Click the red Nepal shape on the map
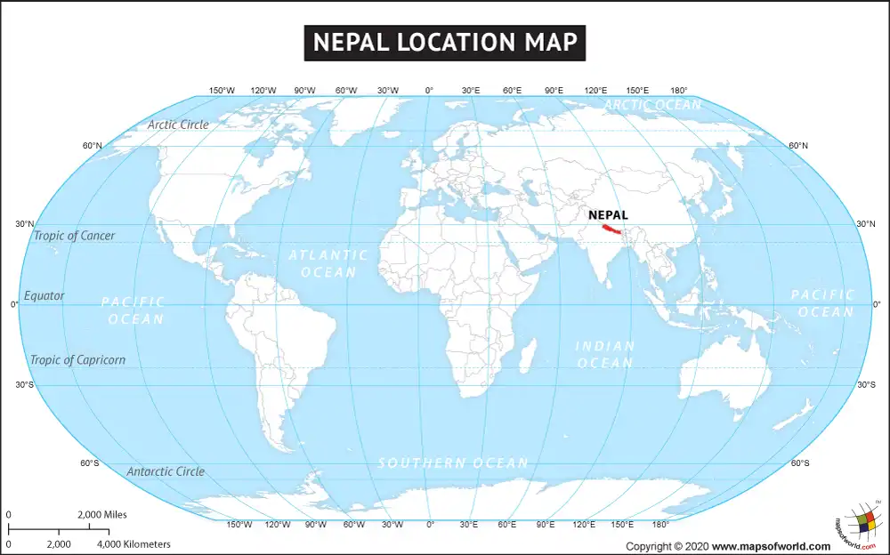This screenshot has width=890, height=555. pos(611,229)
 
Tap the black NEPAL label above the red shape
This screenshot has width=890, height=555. pos(608,214)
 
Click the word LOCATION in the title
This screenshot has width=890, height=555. pos(445,42)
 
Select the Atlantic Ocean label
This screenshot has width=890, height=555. pos(328,263)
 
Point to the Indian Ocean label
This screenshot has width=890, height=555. pos(605,354)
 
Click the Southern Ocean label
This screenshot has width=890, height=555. pos(453,462)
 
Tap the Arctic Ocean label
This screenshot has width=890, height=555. pos(652,105)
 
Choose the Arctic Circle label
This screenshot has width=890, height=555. pos(178,125)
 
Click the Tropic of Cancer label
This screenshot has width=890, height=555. pos(74,236)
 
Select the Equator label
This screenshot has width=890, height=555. pos(44,295)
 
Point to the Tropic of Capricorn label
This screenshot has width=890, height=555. pos(77,360)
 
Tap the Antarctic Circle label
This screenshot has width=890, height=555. pos(166,471)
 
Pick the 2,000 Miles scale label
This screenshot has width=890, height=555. pos(102,515)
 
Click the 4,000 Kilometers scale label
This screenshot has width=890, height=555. pos(133,543)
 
